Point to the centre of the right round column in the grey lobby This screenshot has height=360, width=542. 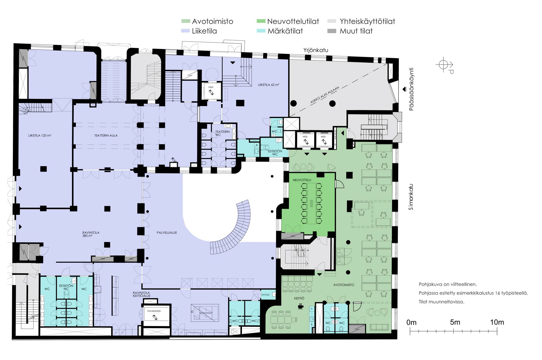(x=333, y=104)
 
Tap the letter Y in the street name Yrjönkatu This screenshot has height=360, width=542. (x=305, y=50)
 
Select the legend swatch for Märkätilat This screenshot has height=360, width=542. (x=261, y=31)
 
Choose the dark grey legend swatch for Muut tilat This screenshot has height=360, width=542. (x=332, y=31)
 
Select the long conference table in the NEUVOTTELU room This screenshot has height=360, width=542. (x=311, y=203)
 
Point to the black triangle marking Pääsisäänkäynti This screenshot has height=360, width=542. (x=404, y=89)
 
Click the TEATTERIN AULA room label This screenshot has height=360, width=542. (x=106, y=135)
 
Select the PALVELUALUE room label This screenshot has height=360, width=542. (x=167, y=233)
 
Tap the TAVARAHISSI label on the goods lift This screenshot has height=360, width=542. (x=154, y=311)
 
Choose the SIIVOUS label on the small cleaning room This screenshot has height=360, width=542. (x=265, y=295)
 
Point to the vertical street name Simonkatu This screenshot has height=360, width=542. (x=411, y=197)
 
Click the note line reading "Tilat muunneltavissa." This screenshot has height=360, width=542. (x=442, y=302)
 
